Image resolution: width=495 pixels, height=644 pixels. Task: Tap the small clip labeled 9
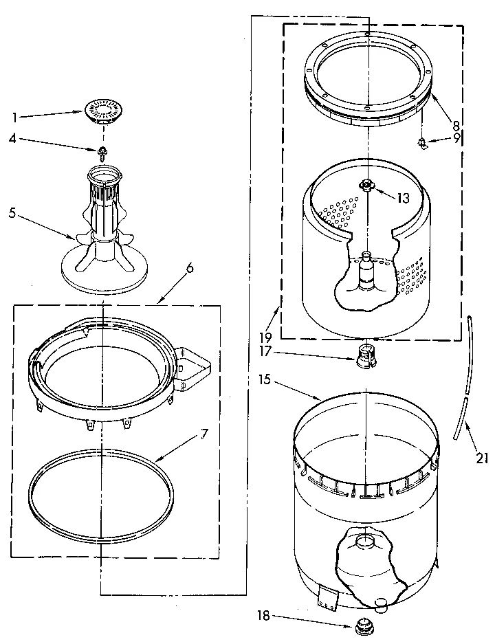click(422, 142)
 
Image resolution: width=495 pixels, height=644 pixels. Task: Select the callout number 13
click(403, 197)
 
